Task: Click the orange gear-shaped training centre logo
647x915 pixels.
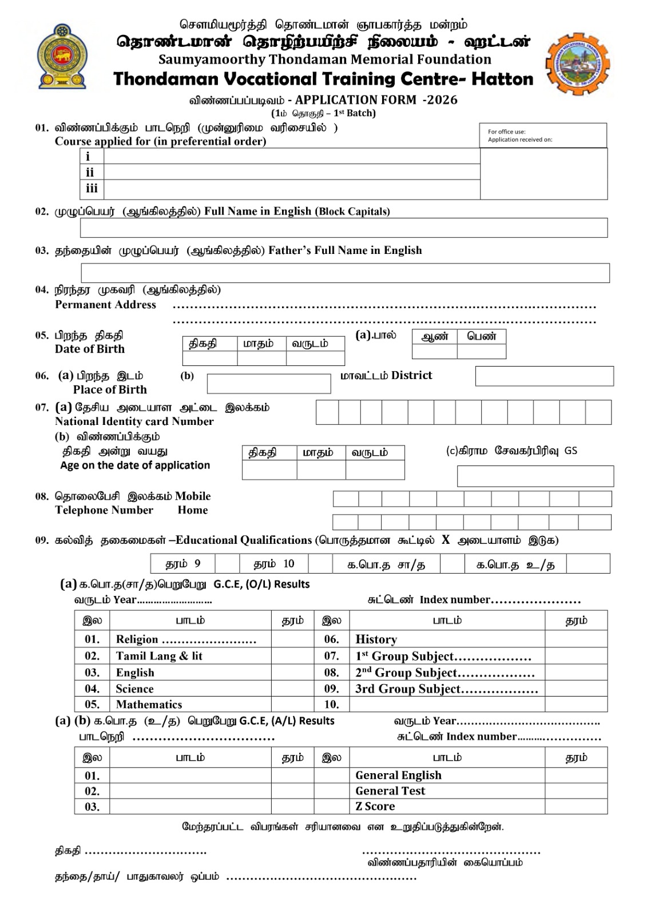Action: [577, 63]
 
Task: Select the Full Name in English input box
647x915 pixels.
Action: [343, 228]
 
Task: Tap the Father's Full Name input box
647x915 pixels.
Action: [345, 273]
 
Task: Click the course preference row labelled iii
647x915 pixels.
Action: [291, 189]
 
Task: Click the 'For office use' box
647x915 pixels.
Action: [543, 136]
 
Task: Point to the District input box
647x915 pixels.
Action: [544, 376]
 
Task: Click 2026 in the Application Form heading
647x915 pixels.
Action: [440, 100]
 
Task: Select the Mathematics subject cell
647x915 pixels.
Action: [149, 705]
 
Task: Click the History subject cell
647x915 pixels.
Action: [376, 639]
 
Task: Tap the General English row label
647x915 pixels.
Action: [398, 775]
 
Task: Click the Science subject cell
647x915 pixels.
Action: [134, 689]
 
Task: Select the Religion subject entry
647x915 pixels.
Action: [185, 639]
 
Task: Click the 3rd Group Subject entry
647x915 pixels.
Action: [446, 689]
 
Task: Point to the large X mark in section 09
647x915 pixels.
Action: [446, 540]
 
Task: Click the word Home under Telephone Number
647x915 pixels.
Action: [192, 510]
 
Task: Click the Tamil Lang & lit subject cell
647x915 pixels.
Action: [159, 656]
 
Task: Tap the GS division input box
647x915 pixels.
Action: [535, 476]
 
